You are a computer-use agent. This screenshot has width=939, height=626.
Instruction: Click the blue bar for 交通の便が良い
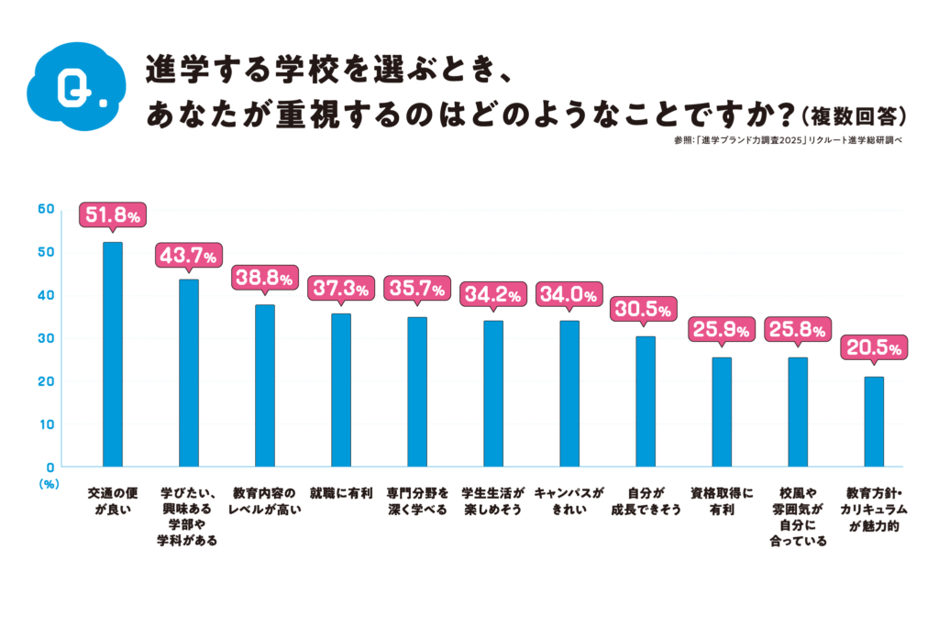(x=112, y=355)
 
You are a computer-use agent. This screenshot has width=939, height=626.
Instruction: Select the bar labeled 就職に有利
(x=341, y=390)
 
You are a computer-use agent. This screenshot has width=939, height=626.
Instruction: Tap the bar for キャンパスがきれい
(x=569, y=393)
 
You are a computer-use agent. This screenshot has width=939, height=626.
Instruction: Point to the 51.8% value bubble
(x=113, y=215)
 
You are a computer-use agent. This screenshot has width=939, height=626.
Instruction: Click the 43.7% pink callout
(x=188, y=255)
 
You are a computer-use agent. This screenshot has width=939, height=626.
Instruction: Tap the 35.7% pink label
(x=417, y=290)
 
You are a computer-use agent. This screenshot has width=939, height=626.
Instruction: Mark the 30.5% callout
(x=645, y=309)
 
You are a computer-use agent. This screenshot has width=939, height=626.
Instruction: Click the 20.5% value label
(x=873, y=349)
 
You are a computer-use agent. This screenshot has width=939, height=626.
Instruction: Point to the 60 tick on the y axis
(x=45, y=209)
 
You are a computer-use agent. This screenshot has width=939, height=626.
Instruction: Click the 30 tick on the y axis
(x=45, y=338)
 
